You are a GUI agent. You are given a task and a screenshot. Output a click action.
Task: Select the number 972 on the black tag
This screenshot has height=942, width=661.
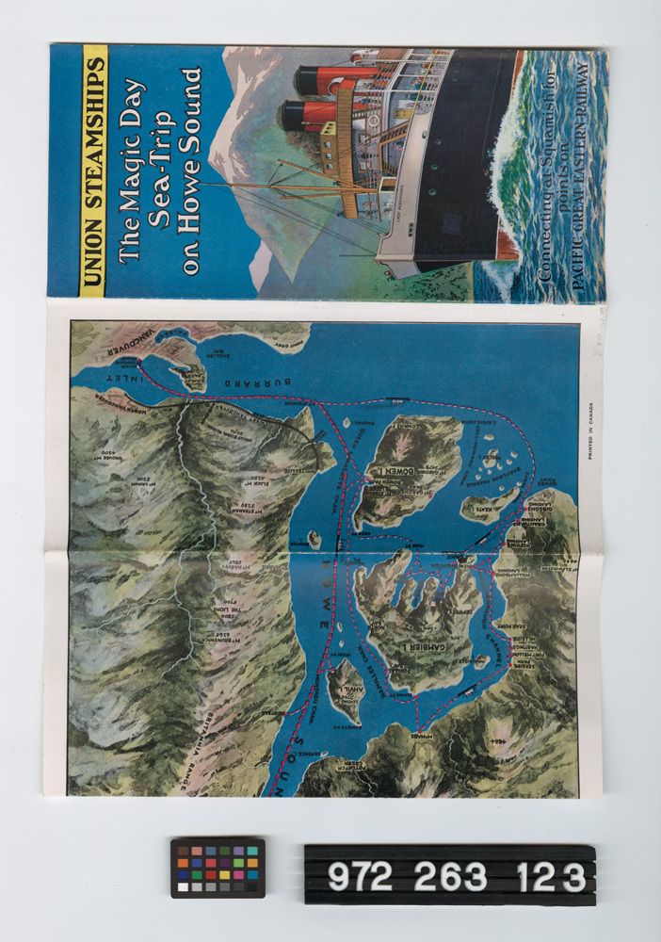(361, 877)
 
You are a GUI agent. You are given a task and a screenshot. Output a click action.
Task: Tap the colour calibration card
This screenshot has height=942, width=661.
(218, 868)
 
